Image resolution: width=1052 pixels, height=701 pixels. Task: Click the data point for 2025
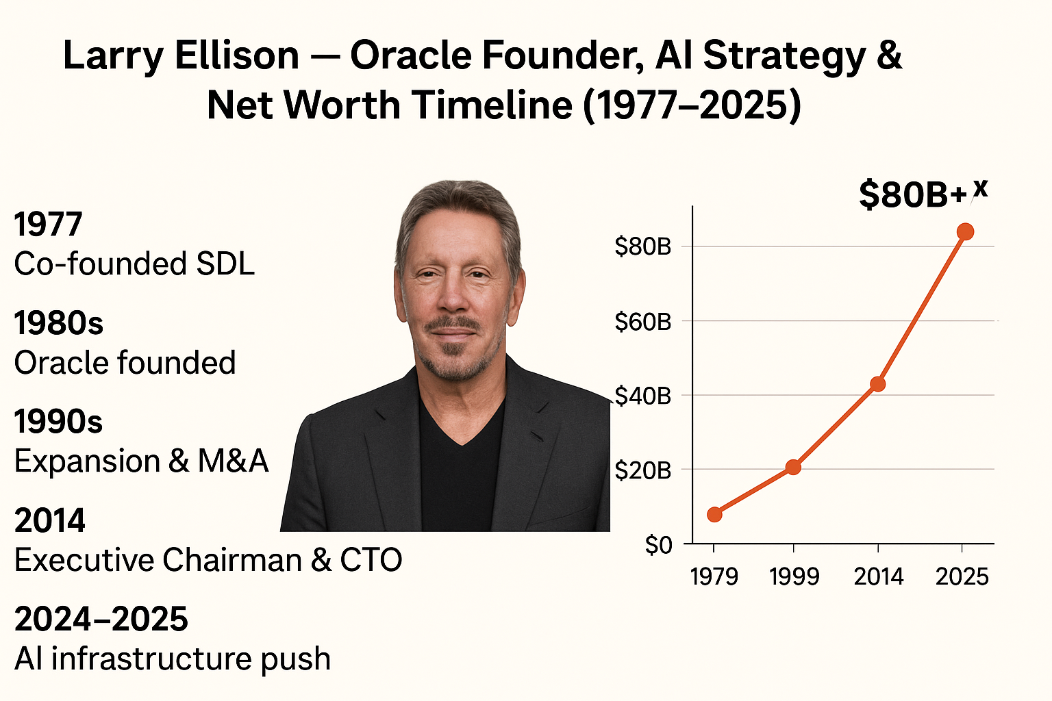pyautogui.click(x=965, y=231)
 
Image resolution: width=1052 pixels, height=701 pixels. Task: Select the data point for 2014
pyautogui.click(x=877, y=384)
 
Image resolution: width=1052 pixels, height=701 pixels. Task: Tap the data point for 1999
pyautogui.click(x=793, y=468)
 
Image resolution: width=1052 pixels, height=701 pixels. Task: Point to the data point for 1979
pyautogui.click(x=714, y=514)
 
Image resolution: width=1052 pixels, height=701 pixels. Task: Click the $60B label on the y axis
pyautogui.click(x=642, y=321)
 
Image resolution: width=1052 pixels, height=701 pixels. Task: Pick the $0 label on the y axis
pyautogui.click(x=658, y=545)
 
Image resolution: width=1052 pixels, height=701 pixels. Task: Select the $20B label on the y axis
pyautogui.click(x=642, y=470)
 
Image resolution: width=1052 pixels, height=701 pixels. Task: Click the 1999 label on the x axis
pyautogui.click(x=794, y=576)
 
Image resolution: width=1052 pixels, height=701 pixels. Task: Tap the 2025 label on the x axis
pyautogui.click(x=962, y=576)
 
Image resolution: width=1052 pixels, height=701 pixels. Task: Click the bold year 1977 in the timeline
pyautogui.click(x=48, y=225)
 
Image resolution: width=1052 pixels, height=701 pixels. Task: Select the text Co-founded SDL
pyautogui.click(x=134, y=264)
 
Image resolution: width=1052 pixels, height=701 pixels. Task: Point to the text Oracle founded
pyautogui.click(x=125, y=363)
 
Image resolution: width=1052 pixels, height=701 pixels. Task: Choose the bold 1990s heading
pyautogui.click(x=58, y=422)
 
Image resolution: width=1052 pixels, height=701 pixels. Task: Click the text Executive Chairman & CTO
pyautogui.click(x=208, y=560)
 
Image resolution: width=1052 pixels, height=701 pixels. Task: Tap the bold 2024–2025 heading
pyautogui.click(x=101, y=620)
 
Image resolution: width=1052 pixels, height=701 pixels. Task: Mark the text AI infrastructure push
pyautogui.click(x=173, y=659)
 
